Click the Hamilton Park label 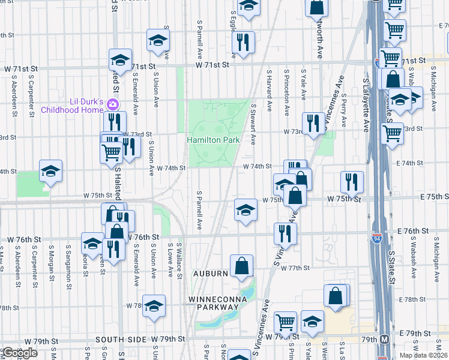tap(213, 140)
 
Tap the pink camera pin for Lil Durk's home tap(112, 105)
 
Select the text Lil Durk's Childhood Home tap(72, 105)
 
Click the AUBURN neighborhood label tap(210, 274)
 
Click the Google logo tap(20, 353)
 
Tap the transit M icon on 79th tap(384, 339)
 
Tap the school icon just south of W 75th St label tap(245, 210)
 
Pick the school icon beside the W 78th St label tap(154, 305)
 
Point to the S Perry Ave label tap(343, 108)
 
